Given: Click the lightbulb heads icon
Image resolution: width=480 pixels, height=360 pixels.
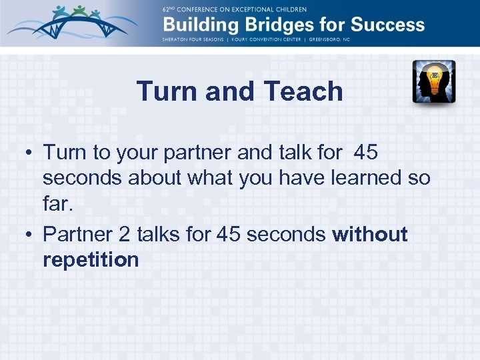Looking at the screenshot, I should pyautogui.click(x=433, y=81).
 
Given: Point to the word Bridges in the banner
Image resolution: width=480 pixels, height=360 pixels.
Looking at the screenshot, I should pyautogui.click(x=267, y=25).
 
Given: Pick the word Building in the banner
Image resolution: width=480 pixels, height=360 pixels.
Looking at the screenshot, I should pyautogui.click(x=194, y=25).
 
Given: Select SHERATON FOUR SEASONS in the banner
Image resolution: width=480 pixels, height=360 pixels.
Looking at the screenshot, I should pyautogui.click(x=195, y=39).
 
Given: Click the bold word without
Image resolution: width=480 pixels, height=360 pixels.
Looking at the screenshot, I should pyautogui.click(x=370, y=234).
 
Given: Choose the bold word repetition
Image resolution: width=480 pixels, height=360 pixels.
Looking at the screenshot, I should pyautogui.click(x=91, y=259).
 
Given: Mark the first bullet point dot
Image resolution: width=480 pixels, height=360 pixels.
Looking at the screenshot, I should pyautogui.click(x=31, y=153).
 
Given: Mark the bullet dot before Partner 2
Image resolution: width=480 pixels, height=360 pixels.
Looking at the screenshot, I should pyautogui.click(x=31, y=235).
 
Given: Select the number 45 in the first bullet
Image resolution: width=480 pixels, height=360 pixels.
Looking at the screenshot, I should pyautogui.click(x=366, y=153).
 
